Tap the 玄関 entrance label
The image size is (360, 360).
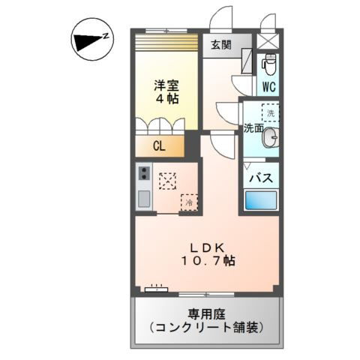[220, 44]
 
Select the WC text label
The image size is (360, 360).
[268, 86]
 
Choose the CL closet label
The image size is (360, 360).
[159, 146]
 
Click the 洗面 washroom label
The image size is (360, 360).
[252, 128]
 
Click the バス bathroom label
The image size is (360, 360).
[260, 178]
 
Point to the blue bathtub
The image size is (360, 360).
[261, 200]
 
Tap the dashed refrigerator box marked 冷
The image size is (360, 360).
[189, 202]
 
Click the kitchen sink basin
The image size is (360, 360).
[143, 199]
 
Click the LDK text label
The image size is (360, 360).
[208, 245]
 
